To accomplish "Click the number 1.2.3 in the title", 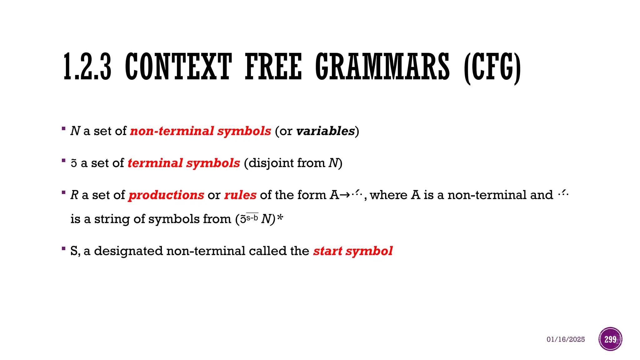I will (x=87, y=67).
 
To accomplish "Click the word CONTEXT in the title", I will (x=178, y=67).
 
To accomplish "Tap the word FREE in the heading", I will (x=273, y=67).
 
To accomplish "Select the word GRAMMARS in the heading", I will (x=382, y=67).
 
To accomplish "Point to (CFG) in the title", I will (x=492, y=68).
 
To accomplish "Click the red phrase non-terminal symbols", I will (x=200, y=131).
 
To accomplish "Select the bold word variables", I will (x=325, y=131).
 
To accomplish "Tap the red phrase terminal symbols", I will (x=184, y=163).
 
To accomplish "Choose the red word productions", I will (x=166, y=195).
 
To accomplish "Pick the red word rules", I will (x=240, y=195).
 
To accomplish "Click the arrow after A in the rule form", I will (x=345, y=195).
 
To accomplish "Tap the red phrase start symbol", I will (x=353, y=251).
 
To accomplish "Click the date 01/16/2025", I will (x=566, y=339).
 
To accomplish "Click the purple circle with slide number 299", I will (x=610, y=339).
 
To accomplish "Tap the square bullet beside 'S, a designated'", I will (x=63, y=249).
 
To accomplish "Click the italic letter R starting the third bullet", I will (x=74, y=195).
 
